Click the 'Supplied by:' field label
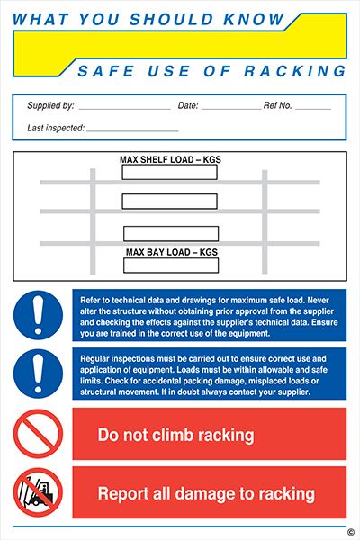50,106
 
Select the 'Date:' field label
188,106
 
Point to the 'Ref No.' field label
278,106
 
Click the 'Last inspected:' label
56,128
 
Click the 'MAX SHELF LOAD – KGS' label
169,160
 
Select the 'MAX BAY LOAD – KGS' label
170,252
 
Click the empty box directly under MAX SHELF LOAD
170,172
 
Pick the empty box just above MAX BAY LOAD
170,234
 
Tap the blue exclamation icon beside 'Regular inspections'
38,373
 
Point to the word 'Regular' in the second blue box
96,355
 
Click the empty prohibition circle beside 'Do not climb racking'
38,434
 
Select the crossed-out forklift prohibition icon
38,493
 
